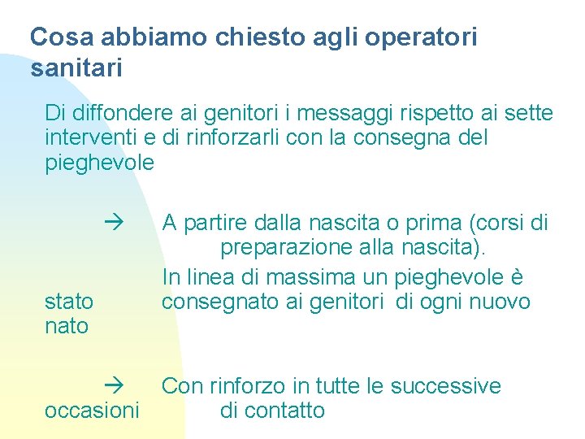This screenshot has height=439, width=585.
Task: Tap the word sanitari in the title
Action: [x=76, y=68]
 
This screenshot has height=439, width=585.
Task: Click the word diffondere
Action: [x=115, y=112]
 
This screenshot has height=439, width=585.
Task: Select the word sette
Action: [x=524, y=112]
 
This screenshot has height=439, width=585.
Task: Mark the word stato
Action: [x=69, y=302]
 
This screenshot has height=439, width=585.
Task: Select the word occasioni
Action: [x=92, y=411]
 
